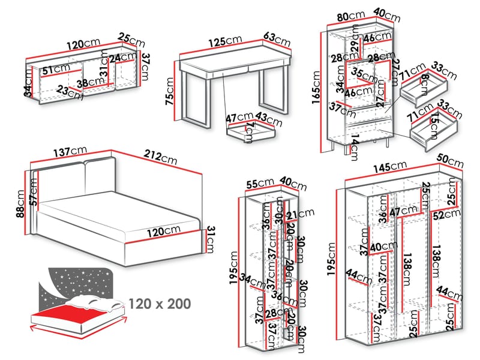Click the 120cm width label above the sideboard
click(x=83, y=44)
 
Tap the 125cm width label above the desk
click(x=226, y=41)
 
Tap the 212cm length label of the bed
click(x=161, y=159)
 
